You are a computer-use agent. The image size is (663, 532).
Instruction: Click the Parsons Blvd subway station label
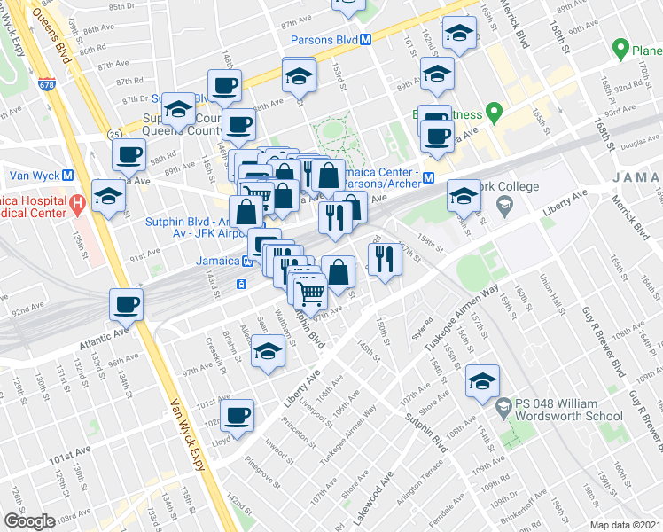click(324, 40)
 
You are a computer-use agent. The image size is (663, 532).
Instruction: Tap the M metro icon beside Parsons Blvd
click(365, 40)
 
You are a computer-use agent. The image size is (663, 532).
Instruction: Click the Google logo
click(28, 521)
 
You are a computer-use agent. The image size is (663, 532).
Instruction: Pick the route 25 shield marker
click(115, 134)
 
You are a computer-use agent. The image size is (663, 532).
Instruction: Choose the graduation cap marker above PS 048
click(482, 380)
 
